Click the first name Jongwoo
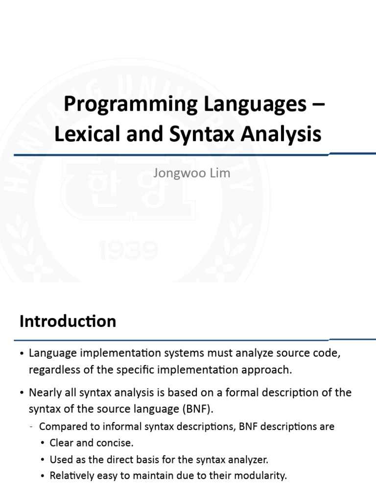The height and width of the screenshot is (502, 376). coord(176,174)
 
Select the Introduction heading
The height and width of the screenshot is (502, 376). coord(68,321)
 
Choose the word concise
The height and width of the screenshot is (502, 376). coord(116,443)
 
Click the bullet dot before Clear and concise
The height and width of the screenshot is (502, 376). coord(43,443)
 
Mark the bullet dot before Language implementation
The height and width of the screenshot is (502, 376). coord(22,353)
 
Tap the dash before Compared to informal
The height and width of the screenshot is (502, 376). coord(31,427)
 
